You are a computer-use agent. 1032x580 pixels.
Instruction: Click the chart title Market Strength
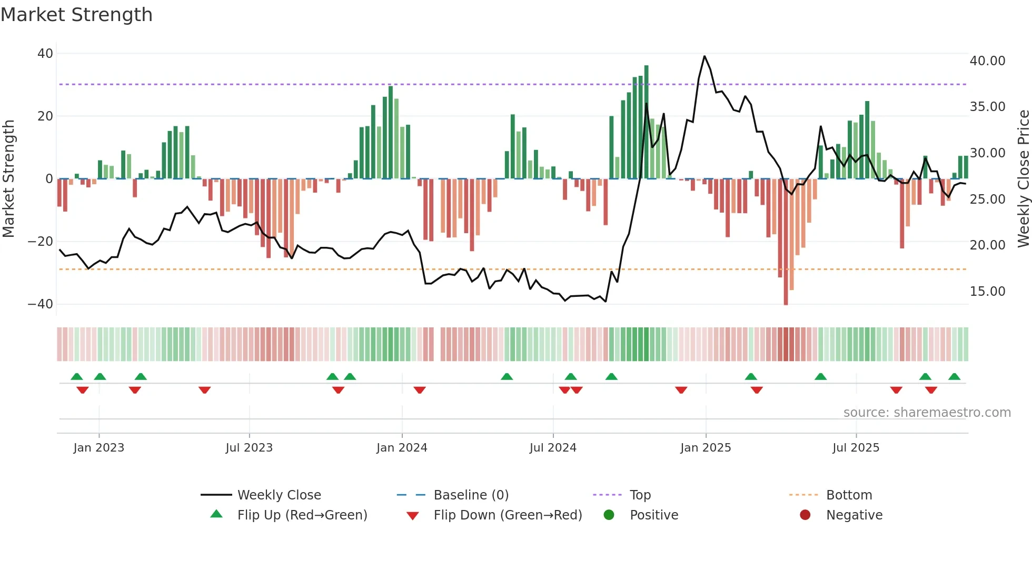pyautogui.click(x=76, y=15)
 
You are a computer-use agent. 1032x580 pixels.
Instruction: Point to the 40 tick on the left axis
pyautogui.click(x=45, y=54)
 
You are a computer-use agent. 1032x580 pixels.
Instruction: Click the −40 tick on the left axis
pyautogui.click(x=41, y=304)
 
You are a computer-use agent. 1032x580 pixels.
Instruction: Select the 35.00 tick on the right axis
pyautogui.click(x=987, y=107)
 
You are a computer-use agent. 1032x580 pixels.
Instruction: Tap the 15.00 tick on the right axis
pyautogui.click(x=987, y=292)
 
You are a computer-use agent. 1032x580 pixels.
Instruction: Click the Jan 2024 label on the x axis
pyautogui.click(x=402, y=448)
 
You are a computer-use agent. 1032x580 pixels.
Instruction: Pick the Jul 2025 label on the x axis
pyautogui.click(x=856, y=448)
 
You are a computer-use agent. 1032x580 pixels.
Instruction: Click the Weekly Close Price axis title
pyautogui.click(x=1023, y=179)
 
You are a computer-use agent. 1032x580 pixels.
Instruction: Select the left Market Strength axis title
pyautogui.click(x=8, y=179)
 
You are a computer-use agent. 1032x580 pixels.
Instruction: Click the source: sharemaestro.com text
pyautogui.click(x=927, y=413)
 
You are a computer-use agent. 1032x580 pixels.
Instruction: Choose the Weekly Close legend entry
pyautogui.click(x=279, y=495)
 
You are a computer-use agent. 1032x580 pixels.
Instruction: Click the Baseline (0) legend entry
pyautogui.click(x=471, y=495)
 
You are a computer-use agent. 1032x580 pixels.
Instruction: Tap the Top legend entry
pyautogui.click(x=640, y=495)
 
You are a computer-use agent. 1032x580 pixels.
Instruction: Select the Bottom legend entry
pyautogui.click(x=849, y=495)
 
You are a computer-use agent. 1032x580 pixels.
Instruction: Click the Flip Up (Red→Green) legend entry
pyautogui.click(x=302, y=515)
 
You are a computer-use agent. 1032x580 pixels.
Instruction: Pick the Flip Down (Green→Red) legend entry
pyautogui.click(x=508, y=515)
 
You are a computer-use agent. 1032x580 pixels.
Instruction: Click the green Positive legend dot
pyautogui.click(x=609, y=515)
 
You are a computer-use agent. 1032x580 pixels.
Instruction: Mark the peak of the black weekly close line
pyautogui.click(x=704, y=56)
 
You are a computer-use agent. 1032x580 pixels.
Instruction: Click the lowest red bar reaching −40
pyautogui.click(x=786, y=242)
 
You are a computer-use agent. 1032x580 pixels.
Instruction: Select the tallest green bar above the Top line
pyautogui.click(x=646, y=121)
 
